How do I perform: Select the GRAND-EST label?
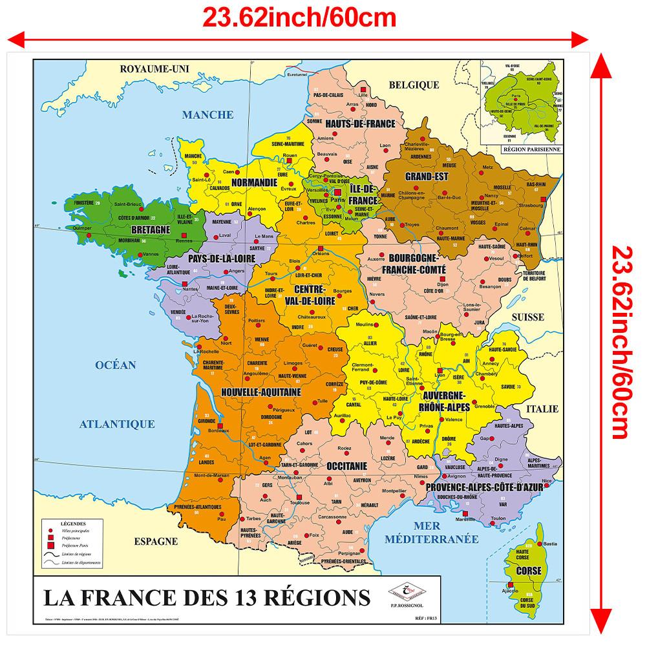pyautogui.click(x=427, y=176)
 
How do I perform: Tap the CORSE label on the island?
pyautogui.click(x=529, y=571)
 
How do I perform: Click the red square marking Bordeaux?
pyautogui.click(x=220, y=426)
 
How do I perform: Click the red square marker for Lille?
pyautogui.click(x=364, y=90)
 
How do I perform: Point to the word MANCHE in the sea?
pyautogui.click(x=207, y=115)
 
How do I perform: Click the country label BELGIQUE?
pyautogui.click(x=414, y=85)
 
